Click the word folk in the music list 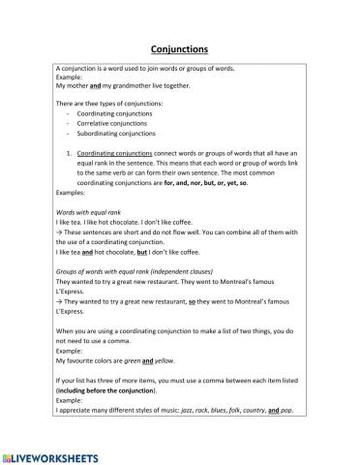point(250,410)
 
